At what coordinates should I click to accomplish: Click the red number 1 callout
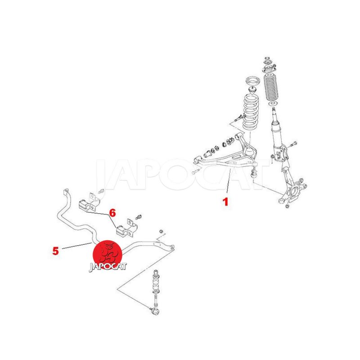point(225,202)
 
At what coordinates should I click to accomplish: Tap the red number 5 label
point(55,251)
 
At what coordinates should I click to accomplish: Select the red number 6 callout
point(112,213)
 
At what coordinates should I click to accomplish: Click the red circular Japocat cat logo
point(107,255)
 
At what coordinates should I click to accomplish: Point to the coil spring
point(251,112)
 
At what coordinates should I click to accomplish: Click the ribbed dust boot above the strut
point(271,87)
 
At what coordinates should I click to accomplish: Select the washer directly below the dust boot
point(273,104)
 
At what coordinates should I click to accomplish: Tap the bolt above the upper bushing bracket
point(101,190)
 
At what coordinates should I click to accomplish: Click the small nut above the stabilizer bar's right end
point(162,231)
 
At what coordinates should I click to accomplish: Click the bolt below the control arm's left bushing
point(195,171)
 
